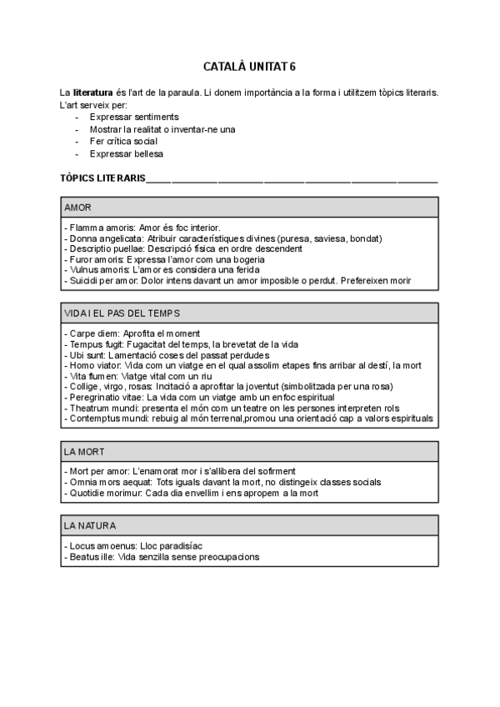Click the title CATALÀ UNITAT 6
tap(249, 66)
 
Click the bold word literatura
tap(93, 93)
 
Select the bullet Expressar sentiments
tap(133, 118)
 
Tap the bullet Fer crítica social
tap(124, 142)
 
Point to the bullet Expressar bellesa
tap(127, 154)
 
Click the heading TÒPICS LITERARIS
tap(102, 178)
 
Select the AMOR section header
tap(78, 207)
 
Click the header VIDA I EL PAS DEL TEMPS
tap(122, 313)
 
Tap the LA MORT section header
tap(82, 451)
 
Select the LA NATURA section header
tap(90, 525)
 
